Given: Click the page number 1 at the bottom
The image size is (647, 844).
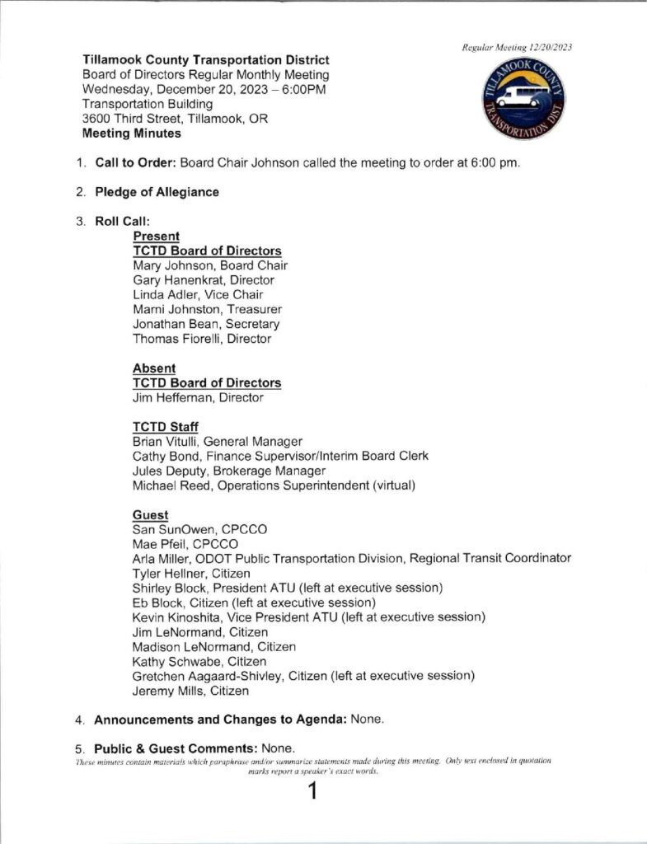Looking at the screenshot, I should (x=312, y=792).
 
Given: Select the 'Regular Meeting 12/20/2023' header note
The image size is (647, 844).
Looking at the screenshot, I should (x=517, y=47).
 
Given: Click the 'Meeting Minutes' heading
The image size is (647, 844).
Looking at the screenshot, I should (x=132, y=134).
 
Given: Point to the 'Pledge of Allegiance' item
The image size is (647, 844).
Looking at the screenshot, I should (x=157, y=192).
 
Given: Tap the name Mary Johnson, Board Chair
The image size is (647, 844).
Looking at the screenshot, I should (x=210, y=265).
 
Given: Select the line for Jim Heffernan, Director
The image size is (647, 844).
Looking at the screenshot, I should (x=198, y=397).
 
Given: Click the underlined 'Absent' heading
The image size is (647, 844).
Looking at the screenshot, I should (x=154, y=368).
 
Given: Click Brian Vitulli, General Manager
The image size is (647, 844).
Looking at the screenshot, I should (x=218, y=441).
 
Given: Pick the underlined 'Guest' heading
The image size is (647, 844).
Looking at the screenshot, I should (x=151, y=514).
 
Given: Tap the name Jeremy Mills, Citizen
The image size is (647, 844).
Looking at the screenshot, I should (x=190, y=692).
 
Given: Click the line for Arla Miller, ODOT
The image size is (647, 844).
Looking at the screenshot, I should (x=352, y=558).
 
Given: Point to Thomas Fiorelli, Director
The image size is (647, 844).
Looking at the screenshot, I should (x=202, y=338).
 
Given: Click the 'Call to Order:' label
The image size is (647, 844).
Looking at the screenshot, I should (x=136, y=162).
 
